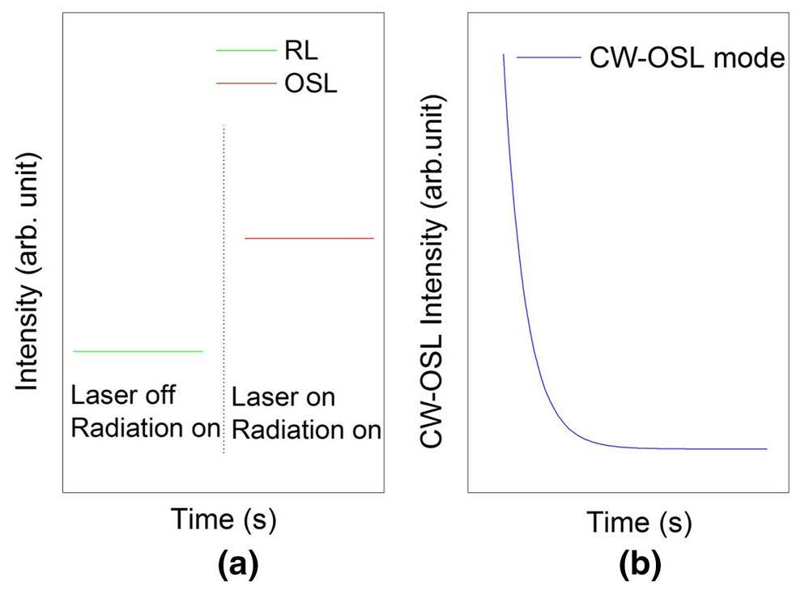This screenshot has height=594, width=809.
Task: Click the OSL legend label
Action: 311,83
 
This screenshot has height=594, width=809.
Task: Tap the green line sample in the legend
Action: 245,51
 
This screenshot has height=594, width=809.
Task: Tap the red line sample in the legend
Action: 245,83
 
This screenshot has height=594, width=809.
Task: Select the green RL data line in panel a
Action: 137,351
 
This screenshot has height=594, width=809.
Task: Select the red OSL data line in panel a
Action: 309,238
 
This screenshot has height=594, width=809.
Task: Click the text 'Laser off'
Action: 123,397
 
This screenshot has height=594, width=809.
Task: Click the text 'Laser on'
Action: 283,398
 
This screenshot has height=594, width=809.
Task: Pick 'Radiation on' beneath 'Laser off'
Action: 145,427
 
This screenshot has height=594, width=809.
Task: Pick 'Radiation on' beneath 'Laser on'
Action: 306,430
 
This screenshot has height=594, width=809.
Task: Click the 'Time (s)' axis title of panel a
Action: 223,520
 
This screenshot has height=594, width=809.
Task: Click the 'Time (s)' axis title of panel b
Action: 639,522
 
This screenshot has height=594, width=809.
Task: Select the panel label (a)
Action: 238,564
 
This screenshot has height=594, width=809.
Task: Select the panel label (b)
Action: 640,564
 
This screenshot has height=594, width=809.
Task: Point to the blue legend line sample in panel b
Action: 548,57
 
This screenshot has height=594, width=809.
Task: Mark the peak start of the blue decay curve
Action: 504,55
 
